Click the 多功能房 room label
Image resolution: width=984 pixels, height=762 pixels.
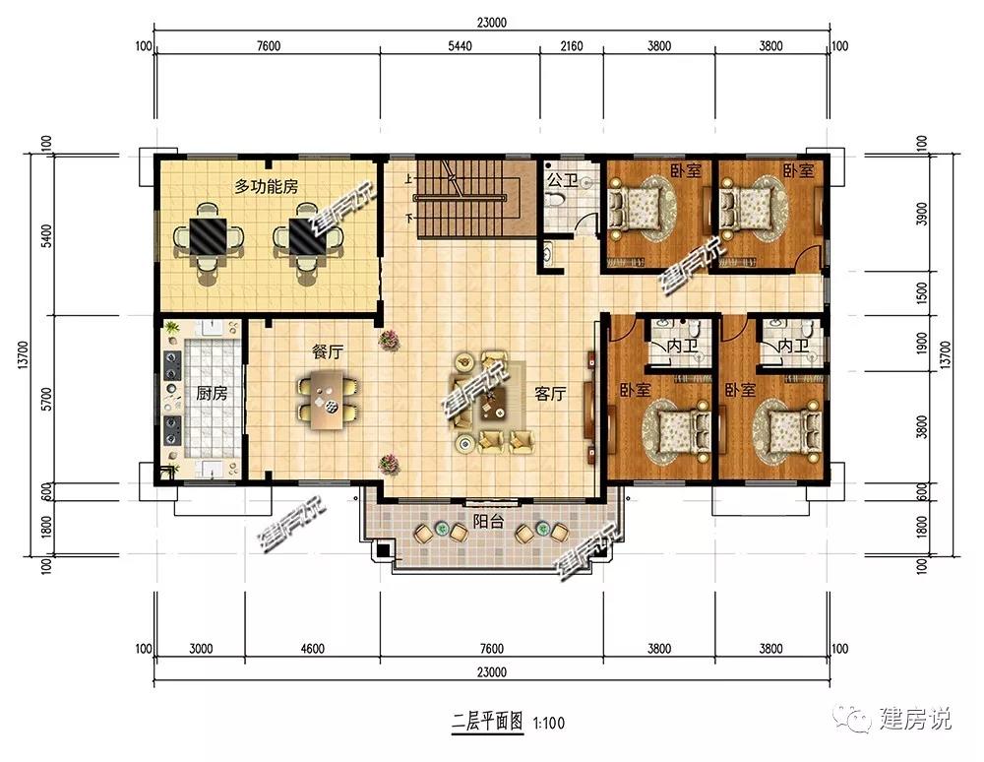coord(266,186)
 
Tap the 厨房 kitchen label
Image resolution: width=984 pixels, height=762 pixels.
coord(212,394)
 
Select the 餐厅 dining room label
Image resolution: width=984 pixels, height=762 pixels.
coord(328,351)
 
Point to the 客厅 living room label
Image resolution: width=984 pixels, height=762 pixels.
coord(550,394)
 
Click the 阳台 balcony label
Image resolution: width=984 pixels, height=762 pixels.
coord(488,521)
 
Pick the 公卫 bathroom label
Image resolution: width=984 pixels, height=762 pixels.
coord(562,181)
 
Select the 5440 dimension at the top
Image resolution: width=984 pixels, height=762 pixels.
coord(460,46)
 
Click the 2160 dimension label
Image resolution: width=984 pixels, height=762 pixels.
coord(571,46)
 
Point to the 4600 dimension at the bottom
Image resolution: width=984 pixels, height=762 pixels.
coord(312,649)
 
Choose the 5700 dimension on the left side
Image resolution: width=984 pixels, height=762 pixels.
coord(46,399)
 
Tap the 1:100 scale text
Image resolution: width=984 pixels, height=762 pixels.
coord(549,723)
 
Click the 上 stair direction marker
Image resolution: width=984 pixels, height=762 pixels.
coord(408,179)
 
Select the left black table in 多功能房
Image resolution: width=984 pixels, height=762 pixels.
coord(209,235)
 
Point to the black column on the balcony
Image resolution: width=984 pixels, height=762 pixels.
coord(382,551)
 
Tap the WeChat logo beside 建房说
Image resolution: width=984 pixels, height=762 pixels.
coord(852,718)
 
